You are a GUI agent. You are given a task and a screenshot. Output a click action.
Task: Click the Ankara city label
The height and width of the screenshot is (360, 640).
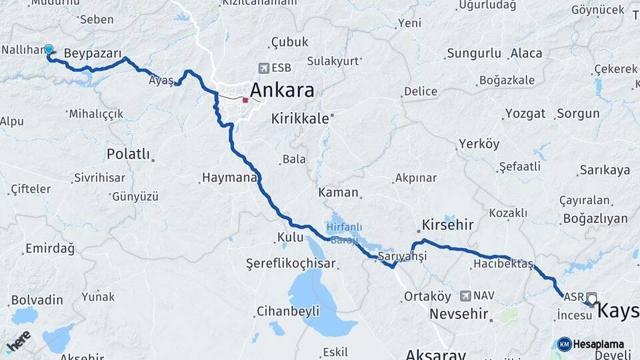[281, 90]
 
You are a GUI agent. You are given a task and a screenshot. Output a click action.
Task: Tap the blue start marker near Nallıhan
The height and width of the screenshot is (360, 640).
[48, 49]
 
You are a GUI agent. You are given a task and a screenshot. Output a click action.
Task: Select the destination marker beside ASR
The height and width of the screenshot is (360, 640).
[591, 299]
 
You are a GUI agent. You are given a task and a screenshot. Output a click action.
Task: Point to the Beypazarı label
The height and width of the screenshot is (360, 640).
[93, 53]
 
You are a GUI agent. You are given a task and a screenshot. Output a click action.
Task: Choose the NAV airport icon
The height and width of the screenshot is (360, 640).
[465, 295]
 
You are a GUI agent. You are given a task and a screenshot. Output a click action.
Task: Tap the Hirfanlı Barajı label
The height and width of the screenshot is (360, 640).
[343, 233]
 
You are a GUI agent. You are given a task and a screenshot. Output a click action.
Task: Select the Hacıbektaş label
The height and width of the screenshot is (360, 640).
[503, 265]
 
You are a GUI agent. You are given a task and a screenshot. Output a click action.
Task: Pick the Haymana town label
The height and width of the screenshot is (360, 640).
[228, 178]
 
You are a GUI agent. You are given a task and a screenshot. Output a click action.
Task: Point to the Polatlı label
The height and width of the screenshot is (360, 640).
[128, 154]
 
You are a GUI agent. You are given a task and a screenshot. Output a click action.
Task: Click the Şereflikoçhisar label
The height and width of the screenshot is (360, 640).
[290, 263]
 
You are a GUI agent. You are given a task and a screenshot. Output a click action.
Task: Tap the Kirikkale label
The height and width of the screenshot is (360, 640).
[300, 119]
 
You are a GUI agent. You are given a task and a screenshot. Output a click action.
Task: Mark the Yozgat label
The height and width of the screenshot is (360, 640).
[525, 113]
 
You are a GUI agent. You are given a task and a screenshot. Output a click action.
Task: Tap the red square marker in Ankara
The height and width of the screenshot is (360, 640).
[245, 100]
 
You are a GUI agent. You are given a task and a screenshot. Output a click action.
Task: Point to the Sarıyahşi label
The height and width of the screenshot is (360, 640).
[401, 257]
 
